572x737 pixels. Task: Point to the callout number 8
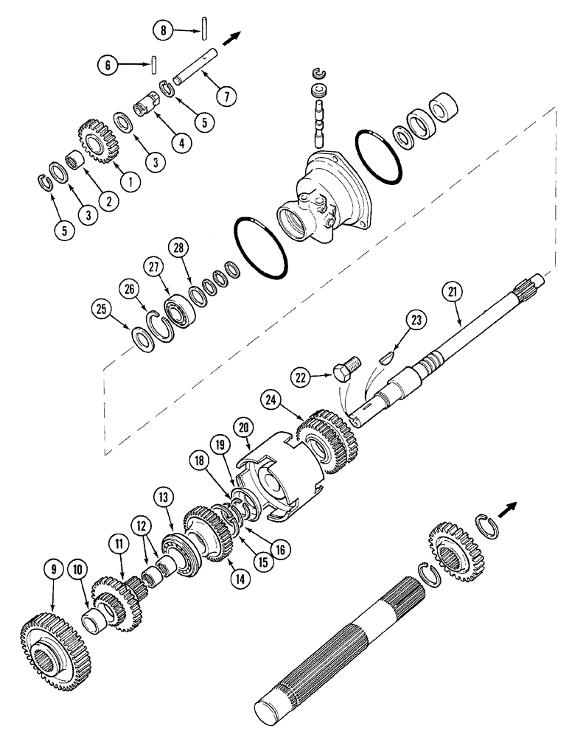point(164,30)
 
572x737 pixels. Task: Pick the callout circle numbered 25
point(102,308)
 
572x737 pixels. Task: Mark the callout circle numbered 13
point(163,495)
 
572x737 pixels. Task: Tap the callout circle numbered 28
point(177,248)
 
